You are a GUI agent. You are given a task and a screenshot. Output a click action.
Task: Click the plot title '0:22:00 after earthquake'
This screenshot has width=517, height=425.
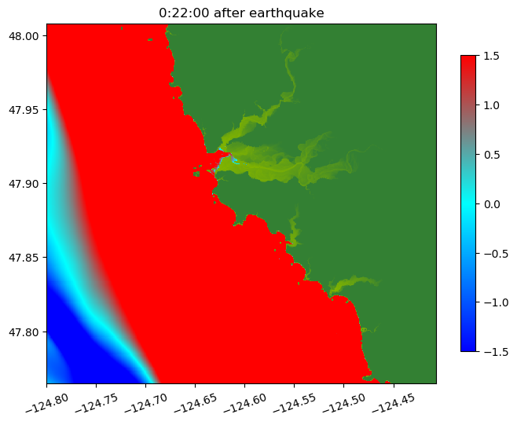(241, 13)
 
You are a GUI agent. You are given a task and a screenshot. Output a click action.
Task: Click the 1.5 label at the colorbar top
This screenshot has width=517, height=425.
(492, 56)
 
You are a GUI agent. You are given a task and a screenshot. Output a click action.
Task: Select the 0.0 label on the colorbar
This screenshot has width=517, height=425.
(492, 203)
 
